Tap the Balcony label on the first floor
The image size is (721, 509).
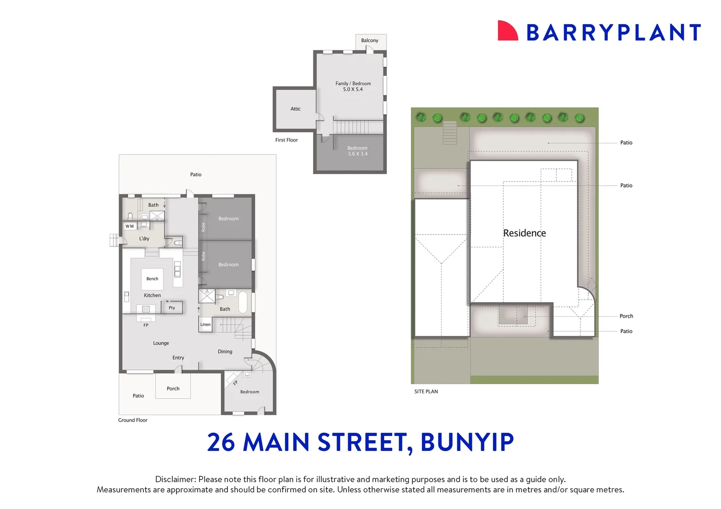(x=369, y=41)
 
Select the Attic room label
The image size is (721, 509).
(x=295, y=109)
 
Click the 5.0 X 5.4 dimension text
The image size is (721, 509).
(x=352, y=90)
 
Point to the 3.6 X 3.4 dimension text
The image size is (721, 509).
(x=357, y=154)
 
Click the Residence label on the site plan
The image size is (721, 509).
(x=524, y=233)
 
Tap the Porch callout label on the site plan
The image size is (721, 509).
(x=626, y=316)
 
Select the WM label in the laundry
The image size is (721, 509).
(x=129, y=226)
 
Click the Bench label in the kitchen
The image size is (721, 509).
(x=152, y=279)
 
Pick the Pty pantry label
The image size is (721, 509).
(x=172, y=308)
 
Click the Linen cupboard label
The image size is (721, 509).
(x=205, y=325)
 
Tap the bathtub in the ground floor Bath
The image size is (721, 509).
(x=243, y=303)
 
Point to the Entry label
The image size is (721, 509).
(x=178, y=358)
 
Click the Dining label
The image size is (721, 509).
(x=225, y=352)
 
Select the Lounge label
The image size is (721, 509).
(x=161, y=343)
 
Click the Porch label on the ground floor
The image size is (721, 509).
(x=173, y=389)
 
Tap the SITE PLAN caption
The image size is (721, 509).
(x=426, y=392)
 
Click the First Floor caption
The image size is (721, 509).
(x=286, y=140)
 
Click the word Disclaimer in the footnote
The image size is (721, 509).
(x=175, y=479)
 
